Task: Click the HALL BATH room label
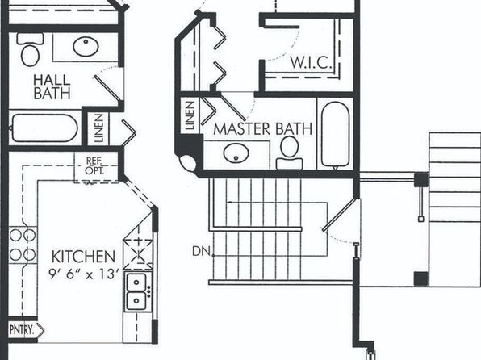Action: [x=52, y=87]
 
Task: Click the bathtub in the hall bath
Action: [x=44, y=128]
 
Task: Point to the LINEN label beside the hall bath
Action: [x=98, y=128]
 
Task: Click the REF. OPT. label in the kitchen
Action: [x=94, y=165]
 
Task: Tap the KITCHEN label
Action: [x=83, y=257]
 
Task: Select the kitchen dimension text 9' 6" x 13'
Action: [x=84, y=274]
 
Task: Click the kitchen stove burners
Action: [x=23, y=245]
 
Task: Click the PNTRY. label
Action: [x=21, y=330]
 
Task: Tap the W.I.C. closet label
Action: [x=311, y=63]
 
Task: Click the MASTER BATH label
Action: [x=262, y=129]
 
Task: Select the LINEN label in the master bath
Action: [x=190, y=115]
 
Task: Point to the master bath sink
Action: [x=236, y=153]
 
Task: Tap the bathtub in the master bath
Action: [x=335, y=135]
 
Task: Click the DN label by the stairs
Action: [x=201, y=252]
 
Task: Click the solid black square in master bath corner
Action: [x=190, y=144]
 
